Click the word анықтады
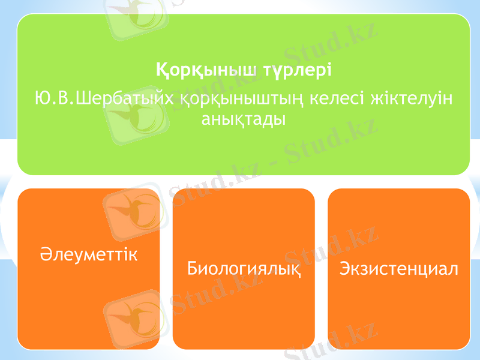click(244, 118)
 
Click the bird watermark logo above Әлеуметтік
click(133, 209)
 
